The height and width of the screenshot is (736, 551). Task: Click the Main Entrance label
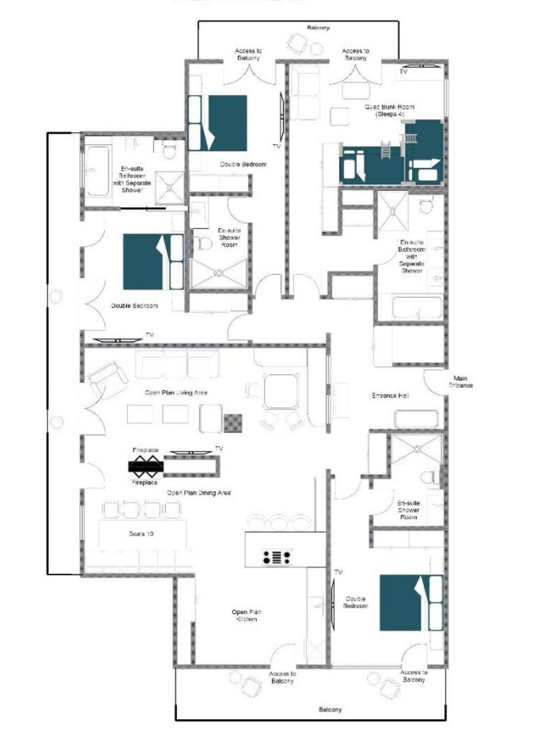(x=460, y=382)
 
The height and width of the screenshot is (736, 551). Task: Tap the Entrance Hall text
(x=390, y=395)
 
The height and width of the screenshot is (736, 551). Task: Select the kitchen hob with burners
(x=276, y=557)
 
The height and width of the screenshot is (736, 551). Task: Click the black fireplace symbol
(x=146, y=466)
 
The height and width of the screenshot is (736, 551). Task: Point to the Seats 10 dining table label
(x=141, y=533)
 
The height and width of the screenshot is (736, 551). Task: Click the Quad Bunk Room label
(x=389, y=110)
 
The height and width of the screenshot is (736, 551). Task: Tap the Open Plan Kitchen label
(x=246, y=615)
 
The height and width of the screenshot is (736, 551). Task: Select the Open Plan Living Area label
(x=176, y=392)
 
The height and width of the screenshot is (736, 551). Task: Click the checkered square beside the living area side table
(x=233, y=423)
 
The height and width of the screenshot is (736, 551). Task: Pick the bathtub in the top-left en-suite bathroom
(x=98, y=171)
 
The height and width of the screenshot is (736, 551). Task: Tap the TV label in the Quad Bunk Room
(x=403, y=71)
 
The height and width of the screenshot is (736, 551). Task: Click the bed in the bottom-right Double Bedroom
(x=410, y=602)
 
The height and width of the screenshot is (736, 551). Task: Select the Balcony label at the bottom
(x=330, y=709)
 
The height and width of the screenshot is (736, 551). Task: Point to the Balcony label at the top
(x=318, y=28)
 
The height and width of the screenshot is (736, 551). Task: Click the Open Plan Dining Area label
(x=198, y=492)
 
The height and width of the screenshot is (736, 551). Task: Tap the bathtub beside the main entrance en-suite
(x=417, y=307)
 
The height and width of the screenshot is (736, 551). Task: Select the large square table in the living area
(x=280, y=391)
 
